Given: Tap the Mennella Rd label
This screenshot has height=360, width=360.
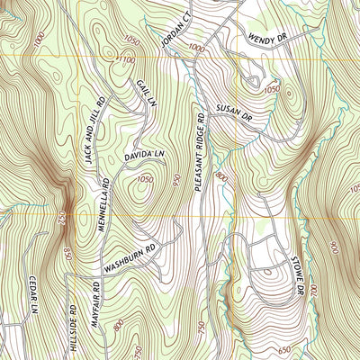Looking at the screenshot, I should click(105, 213).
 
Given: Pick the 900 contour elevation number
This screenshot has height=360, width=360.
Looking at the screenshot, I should click(333, 247).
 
